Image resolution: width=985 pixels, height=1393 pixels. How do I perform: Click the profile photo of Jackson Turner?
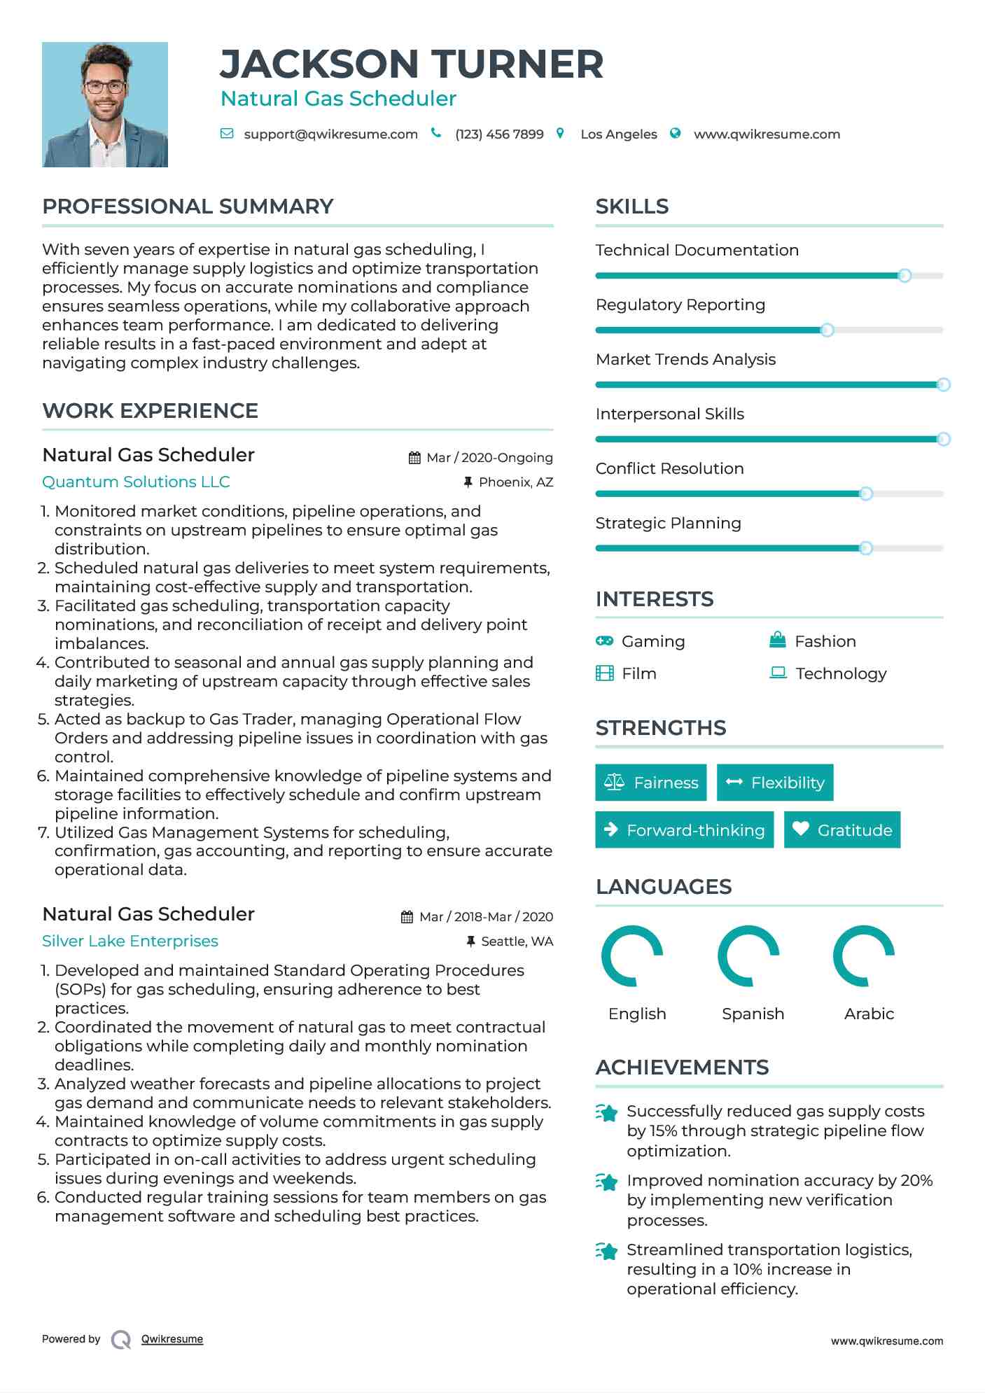(x=105, y=104)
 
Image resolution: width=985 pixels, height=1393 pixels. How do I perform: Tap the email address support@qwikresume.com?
(x=330, y=134)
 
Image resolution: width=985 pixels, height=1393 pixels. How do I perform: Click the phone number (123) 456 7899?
(x=499, y=134)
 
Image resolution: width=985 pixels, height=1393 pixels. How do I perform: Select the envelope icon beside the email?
(x=227, y=134)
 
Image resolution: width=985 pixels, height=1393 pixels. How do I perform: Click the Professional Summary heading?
(x=188, y=206)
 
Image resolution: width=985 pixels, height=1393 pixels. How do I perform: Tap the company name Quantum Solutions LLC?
(x=136, y=482)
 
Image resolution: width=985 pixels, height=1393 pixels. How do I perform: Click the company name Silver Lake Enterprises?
(x=130, y=941)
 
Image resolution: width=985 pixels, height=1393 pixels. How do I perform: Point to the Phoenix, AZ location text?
(x=516, y=482)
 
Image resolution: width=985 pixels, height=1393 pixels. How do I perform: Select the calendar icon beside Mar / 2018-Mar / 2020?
(x=407, y=917)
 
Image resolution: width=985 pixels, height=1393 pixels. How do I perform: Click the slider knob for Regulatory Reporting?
(x=827, y=330)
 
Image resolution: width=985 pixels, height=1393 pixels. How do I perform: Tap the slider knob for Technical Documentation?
(x=904, y=276)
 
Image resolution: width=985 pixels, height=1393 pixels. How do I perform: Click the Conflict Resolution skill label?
(x=669, y=468)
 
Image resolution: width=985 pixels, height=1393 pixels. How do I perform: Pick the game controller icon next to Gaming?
(x=604, y=640)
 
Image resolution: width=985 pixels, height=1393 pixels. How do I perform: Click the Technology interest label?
(x=841, y=673)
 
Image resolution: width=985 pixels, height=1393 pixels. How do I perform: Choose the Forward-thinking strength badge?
(x=684, y=829)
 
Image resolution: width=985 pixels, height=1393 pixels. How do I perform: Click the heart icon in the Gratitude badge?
(x=801, y=829)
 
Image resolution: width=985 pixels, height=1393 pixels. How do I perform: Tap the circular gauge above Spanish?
(x=748, y=955)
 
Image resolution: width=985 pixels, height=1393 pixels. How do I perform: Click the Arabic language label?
(x=869, y=1014)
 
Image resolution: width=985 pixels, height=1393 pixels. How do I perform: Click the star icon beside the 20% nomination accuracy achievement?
(x=607, y=1182)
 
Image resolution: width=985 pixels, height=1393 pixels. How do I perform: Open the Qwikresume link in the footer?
(x=172, y=1339)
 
